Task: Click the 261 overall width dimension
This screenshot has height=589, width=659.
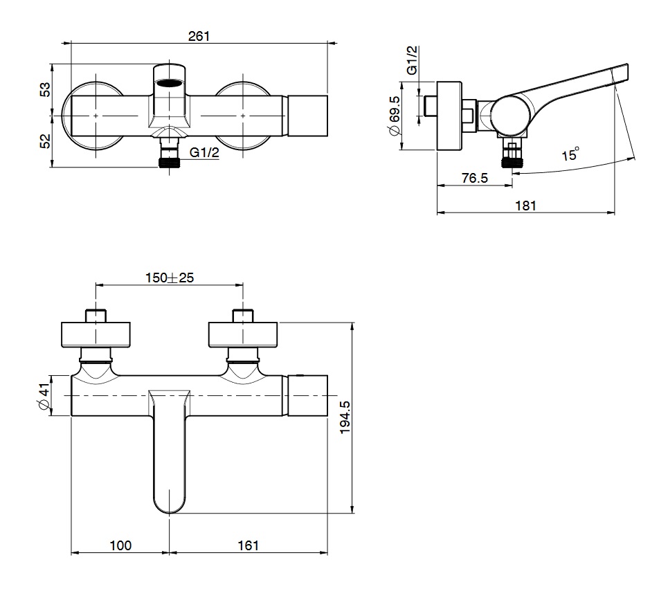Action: point(199,36)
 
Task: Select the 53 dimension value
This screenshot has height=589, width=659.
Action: point(45,89)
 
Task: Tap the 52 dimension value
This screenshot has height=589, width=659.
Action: point(45,141)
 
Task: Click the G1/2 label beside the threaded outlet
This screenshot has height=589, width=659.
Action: point(205,152)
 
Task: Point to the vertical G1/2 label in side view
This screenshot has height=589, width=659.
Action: point(413,60)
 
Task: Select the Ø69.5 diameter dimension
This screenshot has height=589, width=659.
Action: point(395,116)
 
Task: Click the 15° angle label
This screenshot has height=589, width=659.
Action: point(570,154)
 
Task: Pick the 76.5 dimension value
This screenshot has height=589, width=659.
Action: point(475,178)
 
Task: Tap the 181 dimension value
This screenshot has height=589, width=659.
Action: point(526,206)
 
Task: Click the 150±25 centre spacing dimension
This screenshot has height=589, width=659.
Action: point(170,278)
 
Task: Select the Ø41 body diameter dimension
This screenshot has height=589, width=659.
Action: point(44,396)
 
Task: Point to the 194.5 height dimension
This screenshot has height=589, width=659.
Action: point(345,417)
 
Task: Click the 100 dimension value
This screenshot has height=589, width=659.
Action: point(120,545)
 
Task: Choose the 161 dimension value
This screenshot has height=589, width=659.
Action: point(248,545)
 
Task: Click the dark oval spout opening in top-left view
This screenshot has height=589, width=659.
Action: point(170,83)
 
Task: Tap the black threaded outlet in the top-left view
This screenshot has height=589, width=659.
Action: point(170,163)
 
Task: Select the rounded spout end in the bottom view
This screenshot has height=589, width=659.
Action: point(169,503)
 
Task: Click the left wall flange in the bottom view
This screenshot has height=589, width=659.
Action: point(96,335)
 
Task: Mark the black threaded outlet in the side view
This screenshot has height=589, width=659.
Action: point(512,162)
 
